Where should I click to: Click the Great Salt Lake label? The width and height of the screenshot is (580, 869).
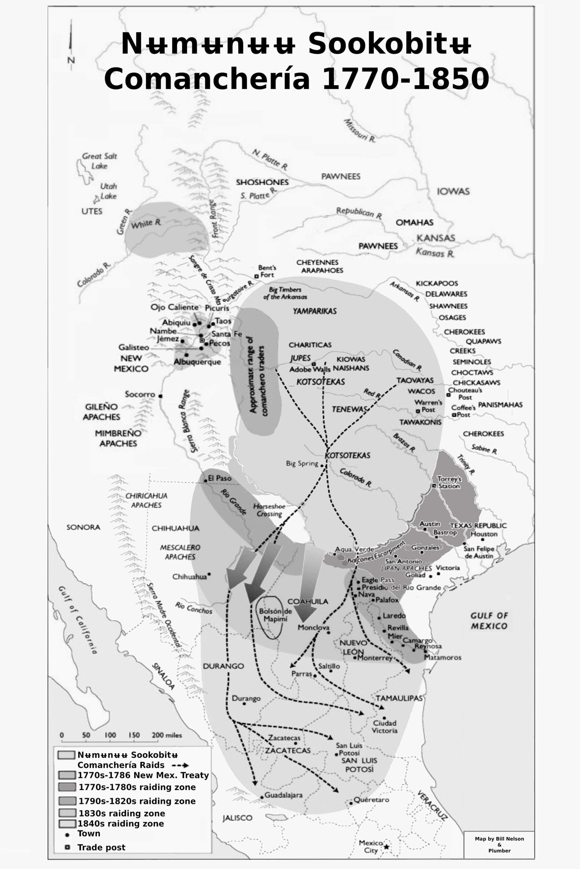point(99,161)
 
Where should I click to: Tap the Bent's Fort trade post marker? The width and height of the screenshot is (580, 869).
point(256,276)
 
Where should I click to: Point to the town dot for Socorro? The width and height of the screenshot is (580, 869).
point(161,396)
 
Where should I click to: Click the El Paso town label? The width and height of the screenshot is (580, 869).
point(220,478)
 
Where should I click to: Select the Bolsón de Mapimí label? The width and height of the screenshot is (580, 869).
point(275,615)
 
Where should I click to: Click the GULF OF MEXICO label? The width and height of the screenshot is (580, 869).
point(489,621)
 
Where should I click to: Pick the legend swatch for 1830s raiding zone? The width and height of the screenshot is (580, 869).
point(67,813)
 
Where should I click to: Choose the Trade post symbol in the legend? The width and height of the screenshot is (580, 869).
point(68,847)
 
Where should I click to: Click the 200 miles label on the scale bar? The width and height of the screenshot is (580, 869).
point(167,735)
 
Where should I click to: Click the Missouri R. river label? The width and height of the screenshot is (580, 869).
point(359,131)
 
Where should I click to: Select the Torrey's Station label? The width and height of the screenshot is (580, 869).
point(449,482)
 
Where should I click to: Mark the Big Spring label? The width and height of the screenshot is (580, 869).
point(302,464)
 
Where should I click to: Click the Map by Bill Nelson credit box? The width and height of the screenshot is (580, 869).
point(499,844)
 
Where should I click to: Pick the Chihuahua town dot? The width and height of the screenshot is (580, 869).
point(209,574)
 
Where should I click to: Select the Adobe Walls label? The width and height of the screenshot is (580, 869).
point(310,369)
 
